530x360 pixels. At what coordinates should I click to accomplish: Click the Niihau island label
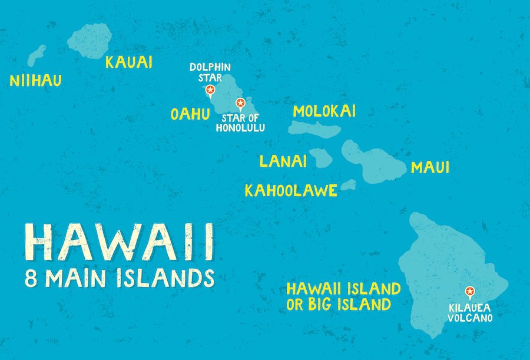(x=35, y=81)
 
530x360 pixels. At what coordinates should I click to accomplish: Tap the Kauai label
(x=128, y=62)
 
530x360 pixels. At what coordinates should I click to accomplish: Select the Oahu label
(x=190, y=113)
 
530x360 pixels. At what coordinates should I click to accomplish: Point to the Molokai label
(x=324, y=111)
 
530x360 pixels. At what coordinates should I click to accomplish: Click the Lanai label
(x=283, y=161)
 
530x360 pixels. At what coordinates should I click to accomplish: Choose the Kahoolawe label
(x=291, y=190)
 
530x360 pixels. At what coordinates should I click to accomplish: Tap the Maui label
(x=430, y=167)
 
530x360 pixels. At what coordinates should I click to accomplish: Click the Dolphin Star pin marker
(x=210, y=90)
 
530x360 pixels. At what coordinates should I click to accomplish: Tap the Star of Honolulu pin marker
(x=240, y=104)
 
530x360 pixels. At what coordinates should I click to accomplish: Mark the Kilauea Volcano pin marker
(x=469, y=290)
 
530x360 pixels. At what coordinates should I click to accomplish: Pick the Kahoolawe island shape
(x=348, y=185)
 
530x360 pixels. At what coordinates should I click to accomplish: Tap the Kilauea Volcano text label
(x=469, y=313)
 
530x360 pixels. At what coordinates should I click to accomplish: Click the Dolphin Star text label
(x=210, y=72)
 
